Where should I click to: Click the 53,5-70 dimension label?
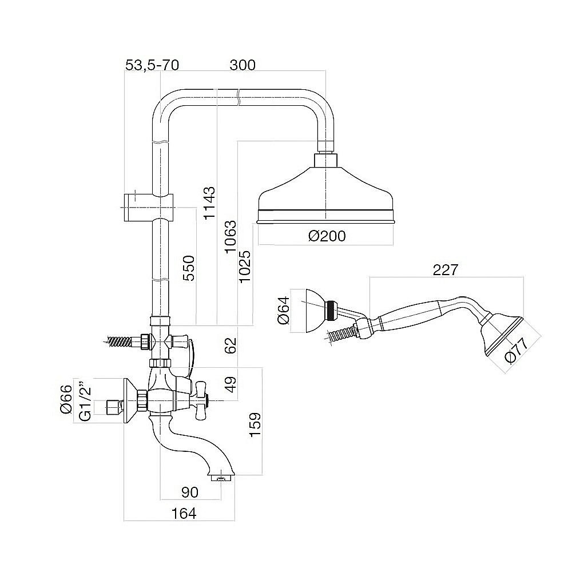click(152, 65)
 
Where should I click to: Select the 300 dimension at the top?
click(243, 65)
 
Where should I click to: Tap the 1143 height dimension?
click(209, 203)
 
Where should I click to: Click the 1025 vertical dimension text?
click(245, 267)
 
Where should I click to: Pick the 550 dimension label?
click(189, 268)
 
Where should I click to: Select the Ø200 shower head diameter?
click(327, 236)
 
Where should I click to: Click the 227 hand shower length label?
click(445, 270)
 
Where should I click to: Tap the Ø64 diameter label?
click(284, 311)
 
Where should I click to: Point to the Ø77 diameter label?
click(517, 351)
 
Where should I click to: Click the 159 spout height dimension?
click(255, 424)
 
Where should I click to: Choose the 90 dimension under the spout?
click(190, 492)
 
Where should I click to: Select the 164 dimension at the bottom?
click(184, 513)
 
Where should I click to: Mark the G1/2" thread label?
click(85, 402)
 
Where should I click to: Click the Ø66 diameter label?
click(66, 400)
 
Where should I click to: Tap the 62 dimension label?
click(231, 345)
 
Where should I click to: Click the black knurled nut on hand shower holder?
click(332, 310)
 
